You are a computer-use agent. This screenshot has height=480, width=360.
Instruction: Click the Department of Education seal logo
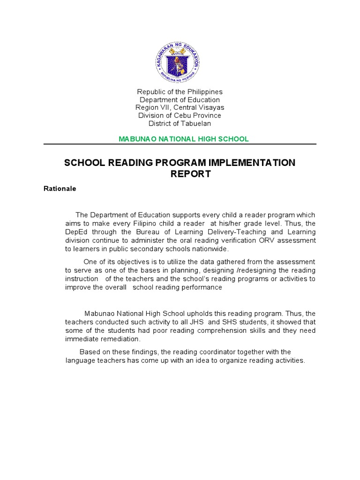[178, 62]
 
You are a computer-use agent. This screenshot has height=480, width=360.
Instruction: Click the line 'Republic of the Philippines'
[180, 92]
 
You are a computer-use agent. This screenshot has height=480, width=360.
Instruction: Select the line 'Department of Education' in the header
[180, 100]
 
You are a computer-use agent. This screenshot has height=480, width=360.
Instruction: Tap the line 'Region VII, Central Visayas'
[180, 108]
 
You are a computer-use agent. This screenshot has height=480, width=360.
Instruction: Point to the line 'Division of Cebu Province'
[180, 116]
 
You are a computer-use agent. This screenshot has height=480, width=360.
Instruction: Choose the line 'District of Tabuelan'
[180, 124]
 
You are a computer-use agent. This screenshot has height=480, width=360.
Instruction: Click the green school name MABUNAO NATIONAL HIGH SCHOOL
[183, 139]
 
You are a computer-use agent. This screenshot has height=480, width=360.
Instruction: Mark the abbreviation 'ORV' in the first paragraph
[251, 240]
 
